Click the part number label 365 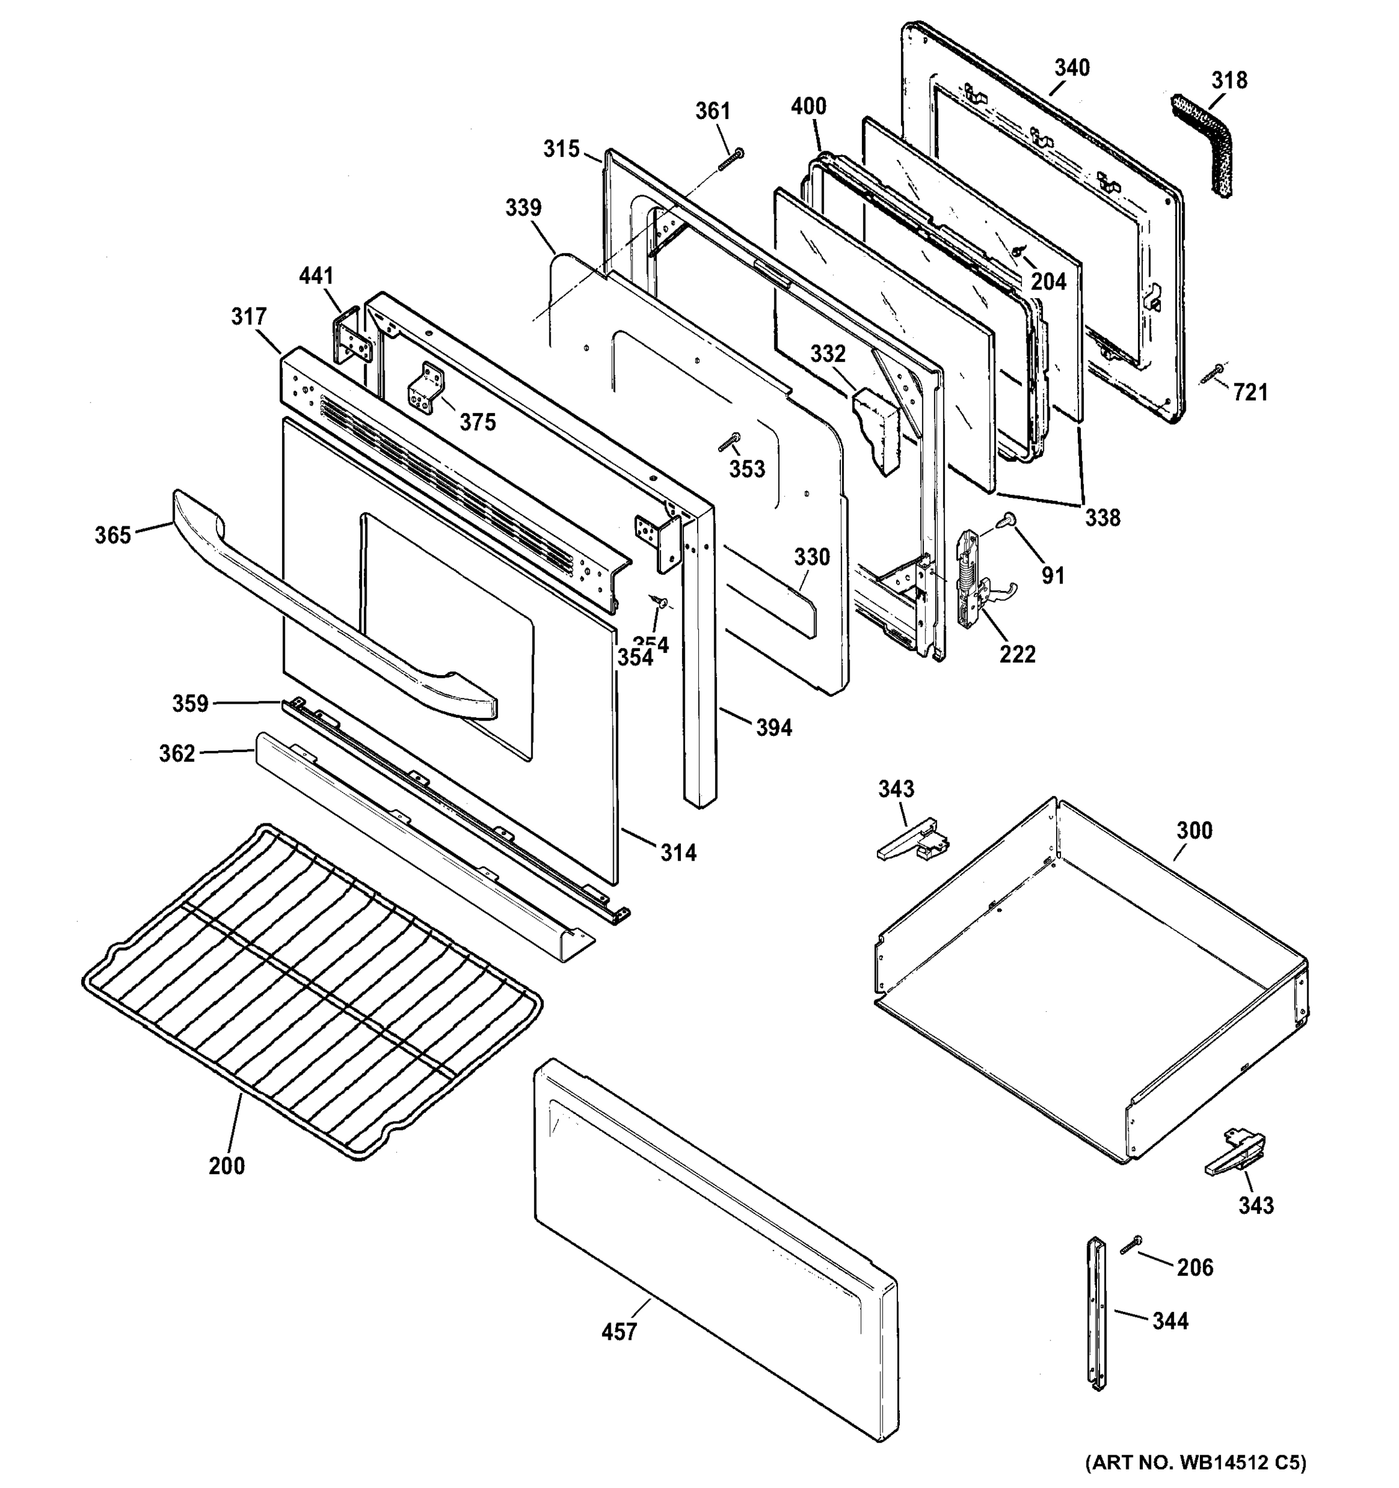(112, 535)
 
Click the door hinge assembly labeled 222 (974, 580)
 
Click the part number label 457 (619, 1332)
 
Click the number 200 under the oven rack (227, 1166)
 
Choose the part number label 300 (1194, 830)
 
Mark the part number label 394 (773, 727)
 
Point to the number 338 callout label (1103, 517)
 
